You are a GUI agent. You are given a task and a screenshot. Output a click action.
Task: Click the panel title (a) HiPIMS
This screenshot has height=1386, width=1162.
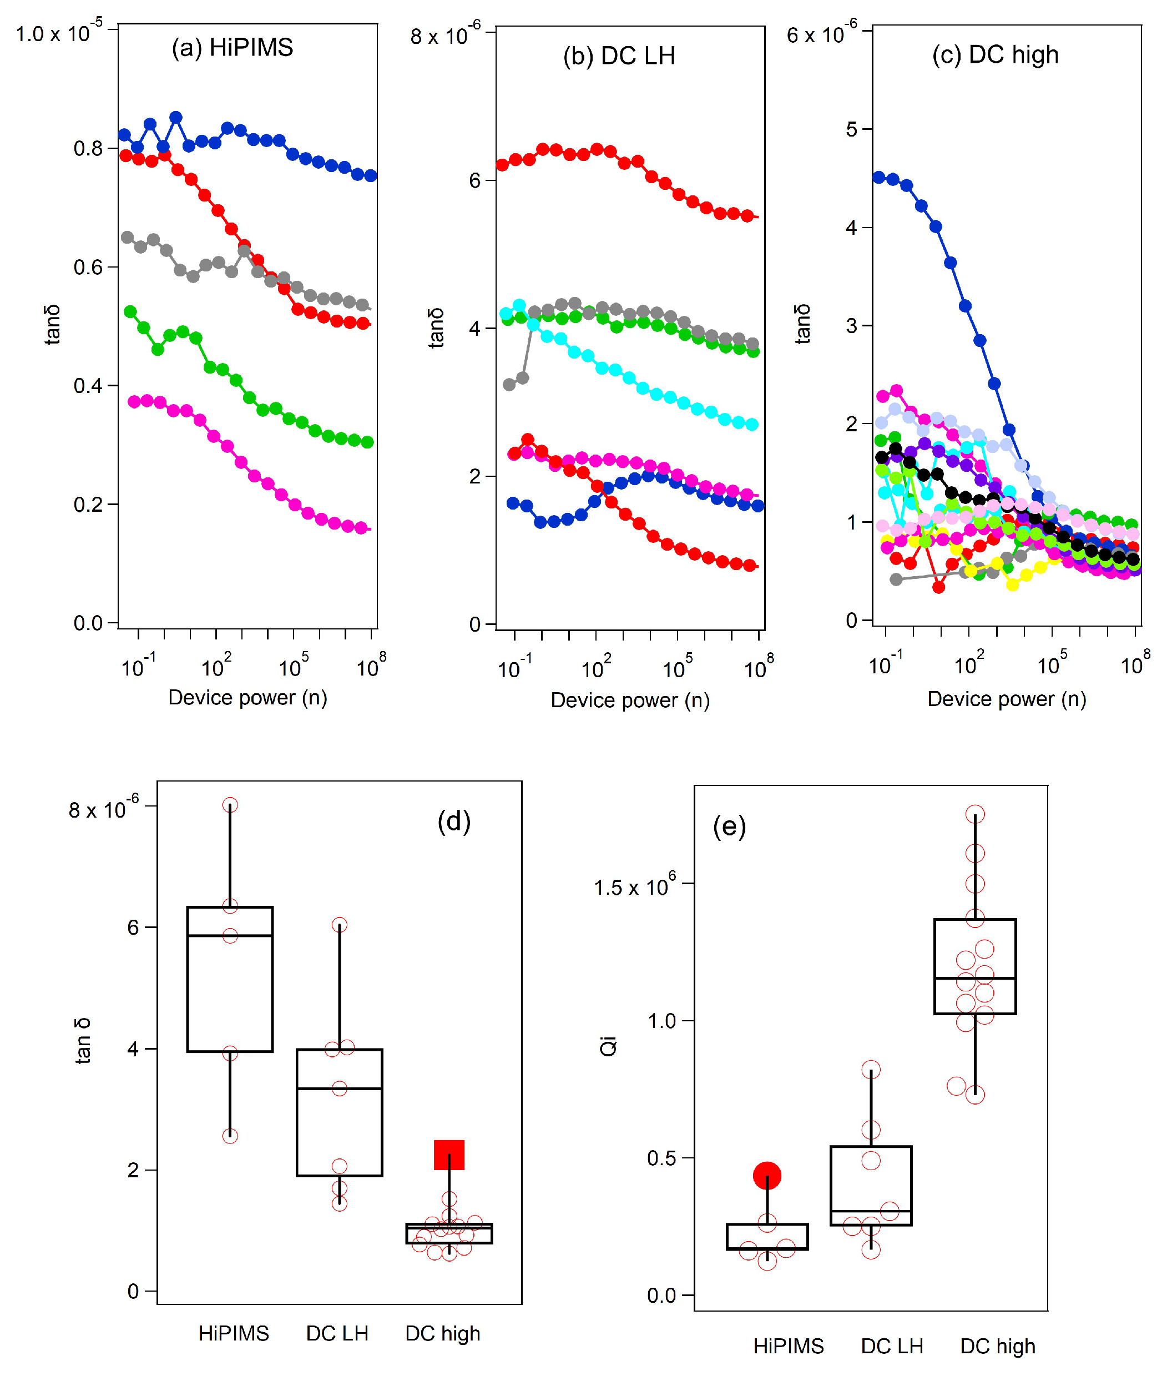pyautogui.click(x=233, y=48)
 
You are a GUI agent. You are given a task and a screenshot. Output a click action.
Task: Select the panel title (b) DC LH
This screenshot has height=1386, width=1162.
pyautogui.click(x=619, y=56)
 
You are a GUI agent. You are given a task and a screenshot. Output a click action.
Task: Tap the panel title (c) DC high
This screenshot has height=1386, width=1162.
pyautogui.click(x=995, y=55)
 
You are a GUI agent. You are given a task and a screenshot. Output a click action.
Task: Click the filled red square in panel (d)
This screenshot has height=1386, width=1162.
pyautogui.click(x=449, y=1155)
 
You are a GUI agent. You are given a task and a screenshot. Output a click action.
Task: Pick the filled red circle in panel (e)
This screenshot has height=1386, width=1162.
pyautogui.click(x=767, y=1176)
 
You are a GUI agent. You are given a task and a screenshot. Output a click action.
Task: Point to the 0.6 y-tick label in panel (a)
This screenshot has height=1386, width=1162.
pyautogui.click(x=88, y=268)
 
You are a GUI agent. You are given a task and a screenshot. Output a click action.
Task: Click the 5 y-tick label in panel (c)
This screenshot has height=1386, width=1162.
pyautogui.click(x=852, y=129)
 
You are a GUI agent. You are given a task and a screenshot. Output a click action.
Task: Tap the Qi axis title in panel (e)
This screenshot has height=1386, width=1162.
pyautogui.click(x=608, y=1046)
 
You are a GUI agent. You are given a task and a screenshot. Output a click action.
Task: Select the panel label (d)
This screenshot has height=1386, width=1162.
pyautogui.click(x=454, y=821)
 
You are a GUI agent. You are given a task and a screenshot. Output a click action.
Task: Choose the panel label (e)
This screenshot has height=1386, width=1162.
pyautogui.click(x=729, y=826)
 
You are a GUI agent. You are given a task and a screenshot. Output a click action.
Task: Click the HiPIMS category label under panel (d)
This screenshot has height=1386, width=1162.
pyautogui.click(x=234, y=1333)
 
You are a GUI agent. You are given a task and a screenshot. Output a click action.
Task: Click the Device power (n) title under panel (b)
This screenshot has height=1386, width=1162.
pyautogui.click(x=630, y=700)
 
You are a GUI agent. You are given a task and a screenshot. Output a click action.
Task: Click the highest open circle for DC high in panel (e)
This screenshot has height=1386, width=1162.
pyautogui.click(x=975, y=814)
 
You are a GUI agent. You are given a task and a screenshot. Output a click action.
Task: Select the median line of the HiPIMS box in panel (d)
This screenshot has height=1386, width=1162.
pyautogui.click(x=230, y=935)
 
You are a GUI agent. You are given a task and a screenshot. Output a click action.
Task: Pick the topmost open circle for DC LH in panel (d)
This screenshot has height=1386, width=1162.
pyautogui.click(x=339, y=925)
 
